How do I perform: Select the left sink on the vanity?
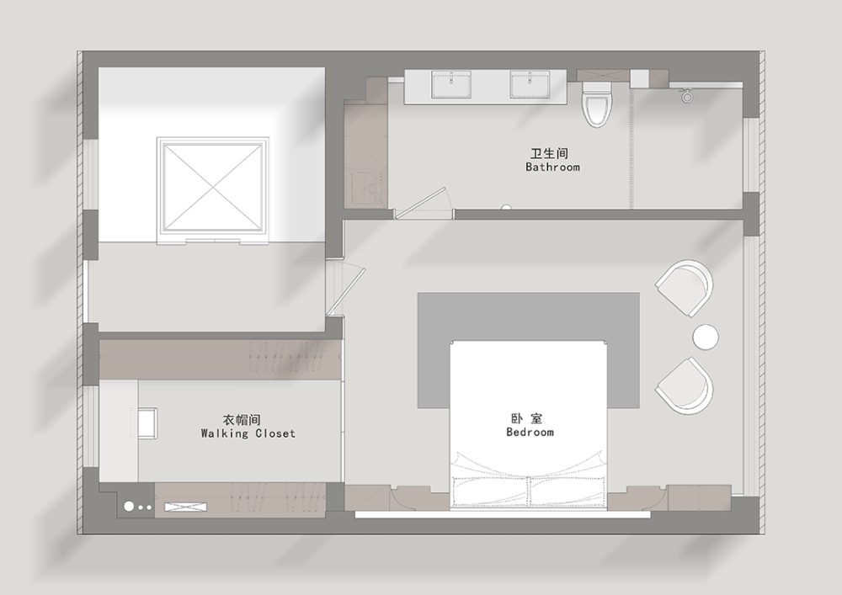tap(451, 85)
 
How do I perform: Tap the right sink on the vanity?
tap(530, 85)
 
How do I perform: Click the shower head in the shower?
tap(687, 96)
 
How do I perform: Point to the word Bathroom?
tap(552, 167)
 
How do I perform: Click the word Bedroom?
tap(530, 432)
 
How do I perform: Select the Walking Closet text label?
tap(248, 433)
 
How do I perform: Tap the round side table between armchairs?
tap(705, 337)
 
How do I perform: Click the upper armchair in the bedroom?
tap(685, 288)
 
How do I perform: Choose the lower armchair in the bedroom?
tap(685, 385)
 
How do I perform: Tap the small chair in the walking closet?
tap(147, 422)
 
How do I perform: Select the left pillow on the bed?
tap(490, 491)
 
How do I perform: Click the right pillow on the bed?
tap(567, 491)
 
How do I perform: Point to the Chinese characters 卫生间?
tap(549, 153)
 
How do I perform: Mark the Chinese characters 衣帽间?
tap(242, 419)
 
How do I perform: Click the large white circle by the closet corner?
tap(129, 506)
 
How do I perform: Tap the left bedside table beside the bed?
tap(413, 497)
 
